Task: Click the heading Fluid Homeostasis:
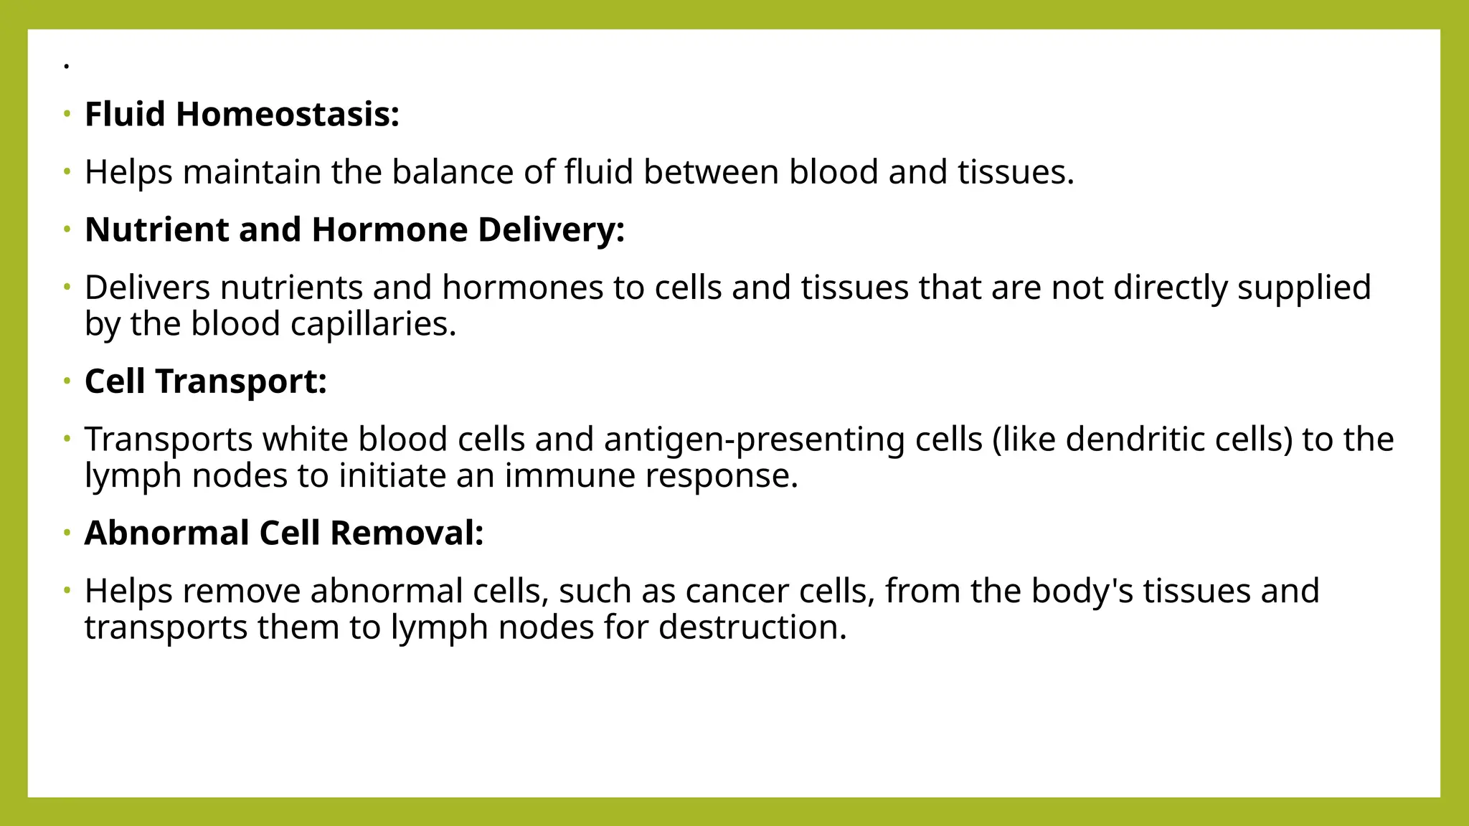[242, 115]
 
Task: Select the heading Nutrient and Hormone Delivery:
[354, 230]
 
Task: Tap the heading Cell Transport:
[205, 381]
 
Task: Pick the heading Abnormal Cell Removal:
[284, 533]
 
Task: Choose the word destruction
[752, 628]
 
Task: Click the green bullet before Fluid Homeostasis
[67, 114]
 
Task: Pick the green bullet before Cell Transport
[67, 381]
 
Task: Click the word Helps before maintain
[128, 173]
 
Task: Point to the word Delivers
[148, 288]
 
